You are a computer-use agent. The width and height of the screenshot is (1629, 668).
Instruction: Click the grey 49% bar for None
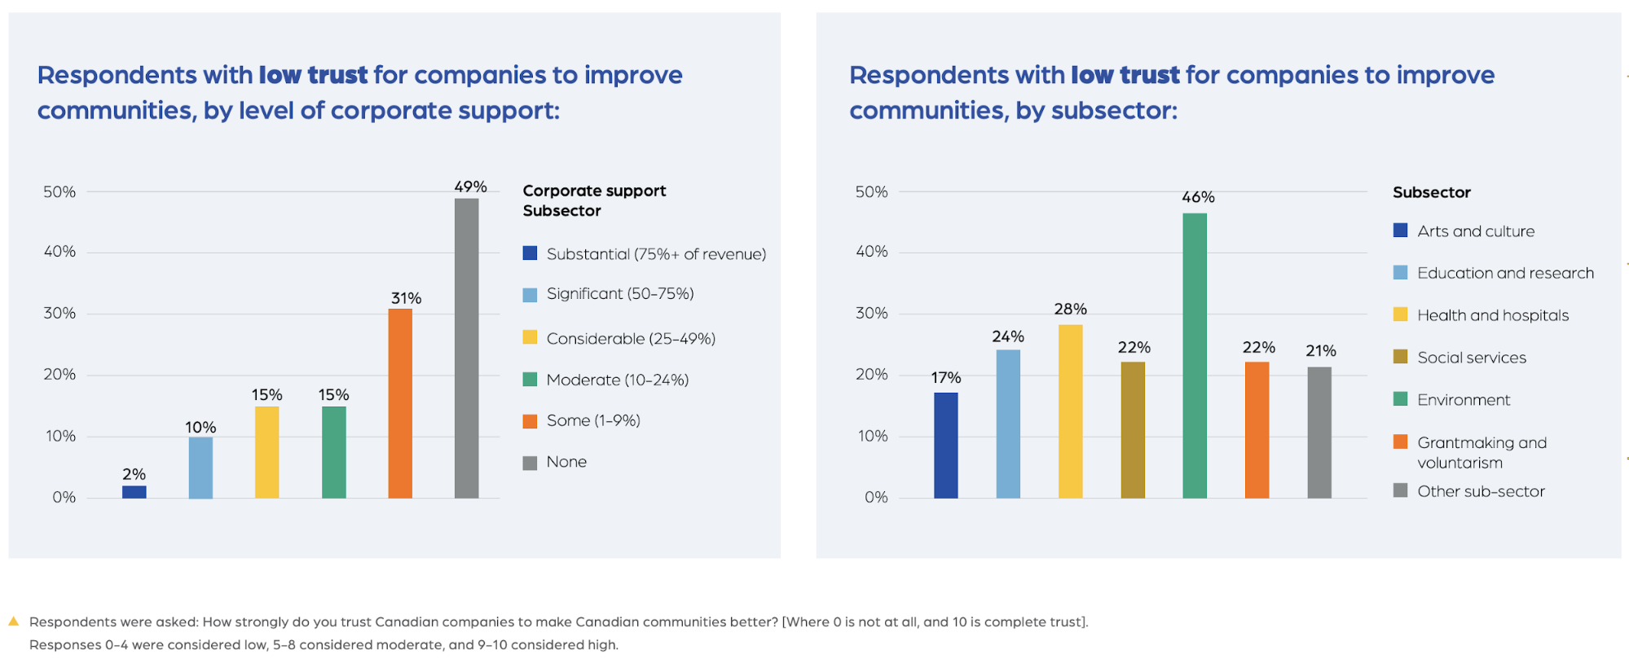pyautogui.click(x=466, y=348)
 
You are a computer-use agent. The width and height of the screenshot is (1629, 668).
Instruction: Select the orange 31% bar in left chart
pyautogui.click(x=399, y=403)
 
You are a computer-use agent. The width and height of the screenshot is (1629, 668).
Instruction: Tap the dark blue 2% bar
pyautogui.click(x=134, y=491)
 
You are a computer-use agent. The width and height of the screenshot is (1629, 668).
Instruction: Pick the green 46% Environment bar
pyautogui.click(x=1195, y=355)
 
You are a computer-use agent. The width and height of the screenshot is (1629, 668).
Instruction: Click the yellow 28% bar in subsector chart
pyautogui.click(x=1070, y=411)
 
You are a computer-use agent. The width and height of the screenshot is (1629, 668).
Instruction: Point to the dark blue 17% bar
pyautogui.click(x=945, y=445)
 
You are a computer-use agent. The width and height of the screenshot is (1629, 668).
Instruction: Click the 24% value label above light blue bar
pyautogui.click(x=1008, y=336)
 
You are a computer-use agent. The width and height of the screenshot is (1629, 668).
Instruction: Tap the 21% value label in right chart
pyautogui.click(x=1320, y=350)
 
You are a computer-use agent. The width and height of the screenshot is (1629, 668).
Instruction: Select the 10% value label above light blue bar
pyautogui.click(x=200, y=427)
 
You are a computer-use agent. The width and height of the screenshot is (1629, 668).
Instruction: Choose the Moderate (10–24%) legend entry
pyautogui.click(x=617, y=380)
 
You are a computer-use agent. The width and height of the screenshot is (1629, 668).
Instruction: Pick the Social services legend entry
pyautogui.click(x=1471, y=358)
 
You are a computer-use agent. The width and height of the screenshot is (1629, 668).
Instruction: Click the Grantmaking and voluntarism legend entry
pyautogui.click(x=1481, y=452)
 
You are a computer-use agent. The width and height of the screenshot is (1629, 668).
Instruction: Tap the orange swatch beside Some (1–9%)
pyautogui.click(x=530, y=421)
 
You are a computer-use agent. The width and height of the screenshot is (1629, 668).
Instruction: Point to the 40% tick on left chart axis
pyautogui.click(x=59, y=252)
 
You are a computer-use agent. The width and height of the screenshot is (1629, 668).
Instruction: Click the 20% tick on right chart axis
pyautogui.click(x=871, y=375)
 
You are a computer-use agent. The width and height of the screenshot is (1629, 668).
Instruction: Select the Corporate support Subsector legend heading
pyautogui.click(x=593, y=200)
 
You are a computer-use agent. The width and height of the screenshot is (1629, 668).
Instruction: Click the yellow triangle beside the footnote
pyautogui.click(x=13, y=621)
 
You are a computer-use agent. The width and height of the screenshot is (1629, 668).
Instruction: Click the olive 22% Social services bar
pyautogui.click(x=1133, y=429)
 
